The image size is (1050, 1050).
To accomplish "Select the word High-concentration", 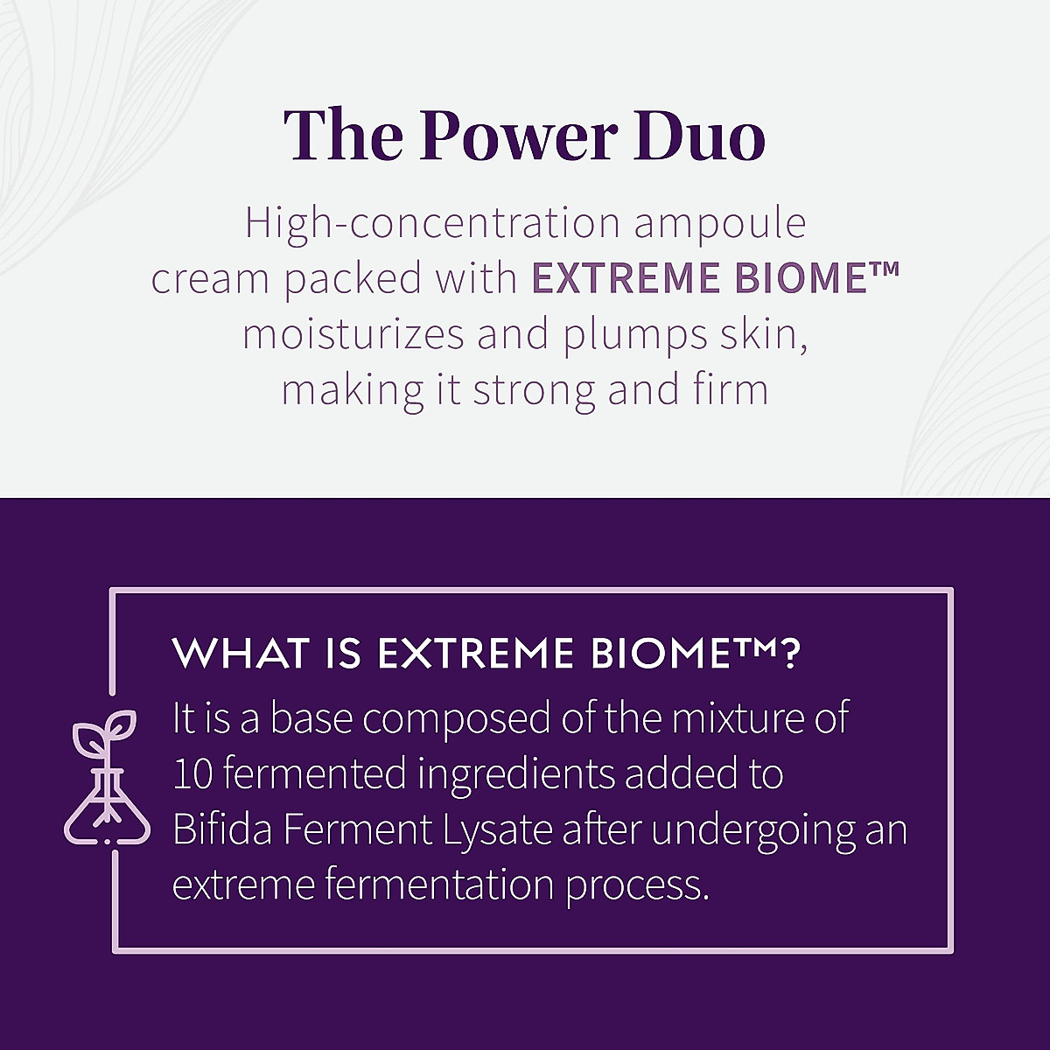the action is tap(432, 224).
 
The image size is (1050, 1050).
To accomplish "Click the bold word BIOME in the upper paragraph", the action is tap(801, 278).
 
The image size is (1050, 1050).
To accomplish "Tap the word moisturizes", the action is tap(353, 334).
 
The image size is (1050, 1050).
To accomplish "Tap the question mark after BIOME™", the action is tap(788, 653).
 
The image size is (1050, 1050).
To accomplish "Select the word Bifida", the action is tap(222, 829).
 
